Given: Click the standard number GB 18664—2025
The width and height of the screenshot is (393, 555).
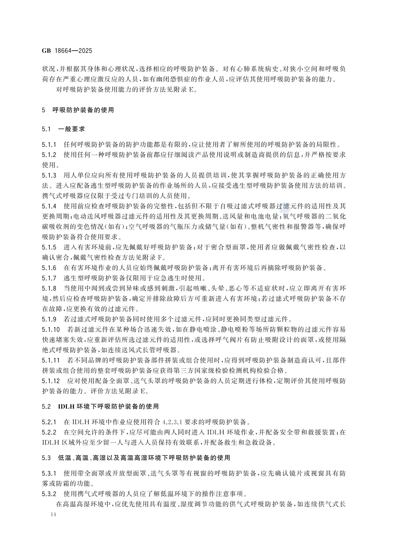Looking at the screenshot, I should tap(67, 51).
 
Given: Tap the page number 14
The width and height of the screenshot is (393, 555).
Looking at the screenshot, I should tap(54, 515).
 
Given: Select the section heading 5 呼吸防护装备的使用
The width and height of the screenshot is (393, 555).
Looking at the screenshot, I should tap(78, 110).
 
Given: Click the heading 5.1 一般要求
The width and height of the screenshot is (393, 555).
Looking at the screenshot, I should tap(64, 129).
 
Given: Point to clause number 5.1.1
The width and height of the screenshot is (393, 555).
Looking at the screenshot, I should tap(49, 145).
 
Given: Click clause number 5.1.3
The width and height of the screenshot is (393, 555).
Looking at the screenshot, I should tap(49, 175).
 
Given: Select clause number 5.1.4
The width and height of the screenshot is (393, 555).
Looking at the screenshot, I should tap(49, 206).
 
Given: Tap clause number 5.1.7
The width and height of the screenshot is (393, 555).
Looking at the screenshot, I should tap(49, 278).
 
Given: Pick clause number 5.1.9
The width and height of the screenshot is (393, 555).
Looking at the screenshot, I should tap(49, 319).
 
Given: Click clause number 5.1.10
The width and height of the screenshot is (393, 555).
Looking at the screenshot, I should tap(51, 329).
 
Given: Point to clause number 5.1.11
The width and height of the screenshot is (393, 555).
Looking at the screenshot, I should tap(51, 360).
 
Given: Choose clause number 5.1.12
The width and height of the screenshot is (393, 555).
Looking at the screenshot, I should tap(51, 381).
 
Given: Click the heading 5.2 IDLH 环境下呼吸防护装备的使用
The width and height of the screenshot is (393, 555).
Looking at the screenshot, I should tap(100, 406).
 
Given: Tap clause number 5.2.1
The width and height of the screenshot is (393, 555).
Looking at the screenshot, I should tap(49, 422).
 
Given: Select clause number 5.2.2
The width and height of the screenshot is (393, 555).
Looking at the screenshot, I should tap(49, 432).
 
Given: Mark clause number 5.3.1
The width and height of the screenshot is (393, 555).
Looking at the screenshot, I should tap(49, 473).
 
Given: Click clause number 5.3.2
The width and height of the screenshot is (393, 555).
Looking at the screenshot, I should tap(49, 494).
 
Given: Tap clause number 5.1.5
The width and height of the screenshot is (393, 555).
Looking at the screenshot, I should tap(49, 247).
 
